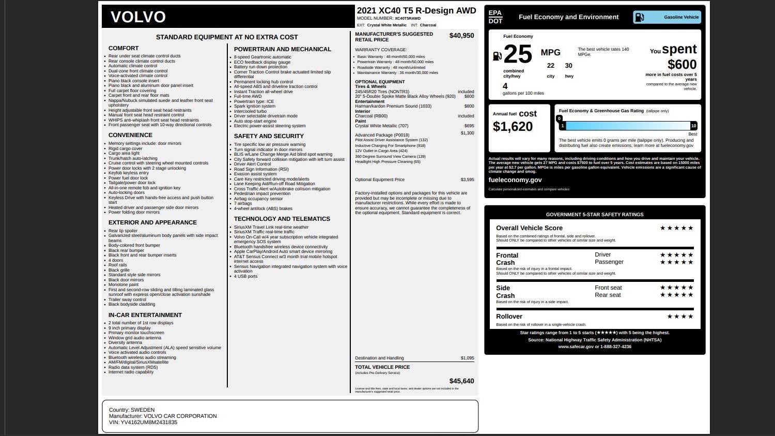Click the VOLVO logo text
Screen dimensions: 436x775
pos(138,17)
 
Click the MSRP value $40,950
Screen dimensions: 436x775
pos(461,36)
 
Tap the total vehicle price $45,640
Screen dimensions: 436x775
pos(461,381)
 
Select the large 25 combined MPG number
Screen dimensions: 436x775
pos(517,54)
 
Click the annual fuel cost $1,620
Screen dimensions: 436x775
pos(513,127)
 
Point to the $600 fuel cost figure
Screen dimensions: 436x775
pos(682,65)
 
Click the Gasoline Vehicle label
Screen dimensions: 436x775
pos(681,17)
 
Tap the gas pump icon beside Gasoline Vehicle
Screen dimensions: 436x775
pos(640,17)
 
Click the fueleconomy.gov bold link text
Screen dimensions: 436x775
pos(515,180)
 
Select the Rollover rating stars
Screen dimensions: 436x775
pos(680,317)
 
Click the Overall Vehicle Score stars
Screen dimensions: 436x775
pos(676,228)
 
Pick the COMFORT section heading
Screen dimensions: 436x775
pos(123,48)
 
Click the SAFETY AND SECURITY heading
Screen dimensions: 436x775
pos(269,136)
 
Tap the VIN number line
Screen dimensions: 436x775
pos(143,423)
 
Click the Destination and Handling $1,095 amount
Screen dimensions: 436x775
pos(467,358)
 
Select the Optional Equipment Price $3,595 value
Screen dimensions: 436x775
pos(467,180)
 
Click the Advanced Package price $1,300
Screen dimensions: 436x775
pos(467,133)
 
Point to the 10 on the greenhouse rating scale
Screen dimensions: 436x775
pos(693,126)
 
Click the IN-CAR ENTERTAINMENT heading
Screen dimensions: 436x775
pos(145,315)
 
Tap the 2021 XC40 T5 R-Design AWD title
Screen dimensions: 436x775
pos(416,11)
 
